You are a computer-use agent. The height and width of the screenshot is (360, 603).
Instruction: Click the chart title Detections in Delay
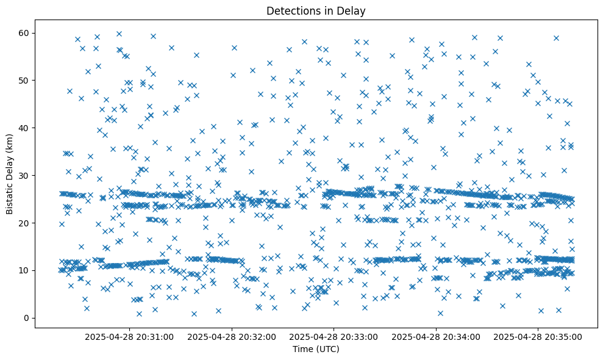click(315, 10)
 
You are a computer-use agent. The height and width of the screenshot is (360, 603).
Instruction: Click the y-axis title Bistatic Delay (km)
click(10, 173)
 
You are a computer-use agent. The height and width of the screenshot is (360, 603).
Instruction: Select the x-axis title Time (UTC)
click(315, 350)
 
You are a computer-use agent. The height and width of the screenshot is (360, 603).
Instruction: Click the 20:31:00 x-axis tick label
click(130, 336)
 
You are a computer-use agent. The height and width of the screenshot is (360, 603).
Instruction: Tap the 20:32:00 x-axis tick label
click(232, 336)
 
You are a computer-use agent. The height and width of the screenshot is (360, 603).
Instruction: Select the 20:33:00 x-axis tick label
click(334, 336)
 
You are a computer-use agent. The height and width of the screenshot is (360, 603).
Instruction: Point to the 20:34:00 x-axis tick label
click(436, 336)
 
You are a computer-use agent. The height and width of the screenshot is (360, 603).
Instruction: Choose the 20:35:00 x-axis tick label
click(538, 336)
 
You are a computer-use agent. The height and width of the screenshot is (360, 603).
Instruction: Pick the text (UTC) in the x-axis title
click(326, 350)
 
